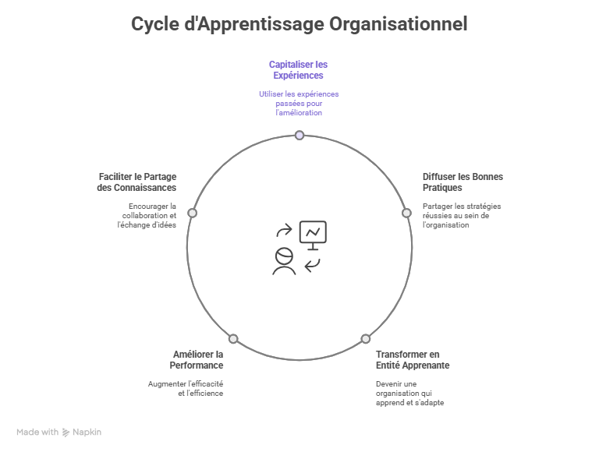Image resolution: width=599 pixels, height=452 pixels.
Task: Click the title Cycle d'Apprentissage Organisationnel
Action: pos(299,24)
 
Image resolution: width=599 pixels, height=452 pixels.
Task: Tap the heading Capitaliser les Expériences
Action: pos(298,70)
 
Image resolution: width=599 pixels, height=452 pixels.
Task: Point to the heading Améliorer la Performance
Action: pos(197,359)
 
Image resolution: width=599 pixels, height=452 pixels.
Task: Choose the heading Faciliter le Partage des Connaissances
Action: pos(137,182)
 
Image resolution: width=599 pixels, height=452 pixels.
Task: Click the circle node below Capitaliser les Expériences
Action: pos(299,135)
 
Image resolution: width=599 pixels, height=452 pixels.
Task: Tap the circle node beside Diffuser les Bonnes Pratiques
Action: pos(406,213)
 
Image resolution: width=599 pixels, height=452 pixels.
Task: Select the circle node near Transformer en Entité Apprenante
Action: pos(365,339)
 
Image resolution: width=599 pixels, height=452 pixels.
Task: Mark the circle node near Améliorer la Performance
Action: pos(233,339)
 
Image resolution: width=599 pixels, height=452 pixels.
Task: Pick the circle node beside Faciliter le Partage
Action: pos(193,213)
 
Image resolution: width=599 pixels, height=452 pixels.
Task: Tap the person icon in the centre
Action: pos(284,261)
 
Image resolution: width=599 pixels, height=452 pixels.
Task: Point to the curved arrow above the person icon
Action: pos(285,231)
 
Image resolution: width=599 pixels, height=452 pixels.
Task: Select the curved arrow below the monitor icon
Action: pos(313,266)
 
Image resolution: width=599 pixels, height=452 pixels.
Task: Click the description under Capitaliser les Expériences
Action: pos(299,103)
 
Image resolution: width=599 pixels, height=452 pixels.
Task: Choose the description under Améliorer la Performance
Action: pos(186,388)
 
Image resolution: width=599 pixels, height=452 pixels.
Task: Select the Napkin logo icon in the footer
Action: pos(66,432)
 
